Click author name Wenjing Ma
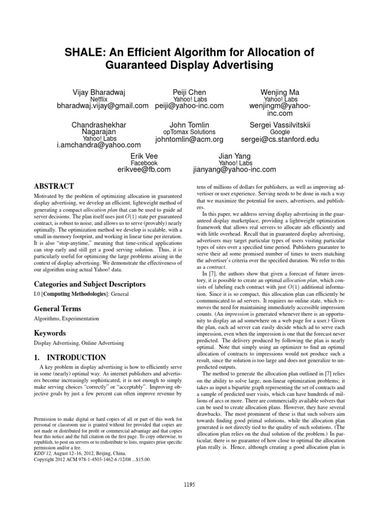pyautogui.click(x=279, y=92)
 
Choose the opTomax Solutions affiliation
pyautogui.click(x=189, y=132)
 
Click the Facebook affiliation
pyautogui.click(x=144, y=163)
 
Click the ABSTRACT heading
pyautogui.click(x=53, y=186)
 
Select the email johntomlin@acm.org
pyautogui.click(x=189, y=140)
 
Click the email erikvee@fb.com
pyautogui.click(x=144, y=170)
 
